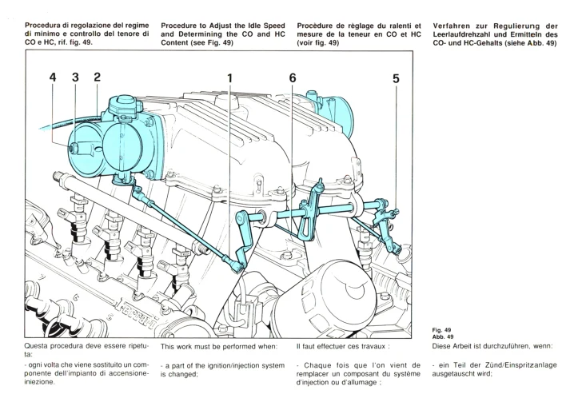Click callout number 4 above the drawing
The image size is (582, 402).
click(53, 78)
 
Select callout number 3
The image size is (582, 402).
click(75, 78)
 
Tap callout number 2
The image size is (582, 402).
click(97, 78)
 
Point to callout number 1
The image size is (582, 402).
click(229, 78)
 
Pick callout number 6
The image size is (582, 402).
click(293, 78)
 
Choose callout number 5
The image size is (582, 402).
click(396, 78)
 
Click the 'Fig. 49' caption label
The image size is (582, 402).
click(441, 329)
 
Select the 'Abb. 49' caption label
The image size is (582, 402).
click(442, 336)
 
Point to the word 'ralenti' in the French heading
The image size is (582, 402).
click(400, 26)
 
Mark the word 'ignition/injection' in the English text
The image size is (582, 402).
click(226, 365)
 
